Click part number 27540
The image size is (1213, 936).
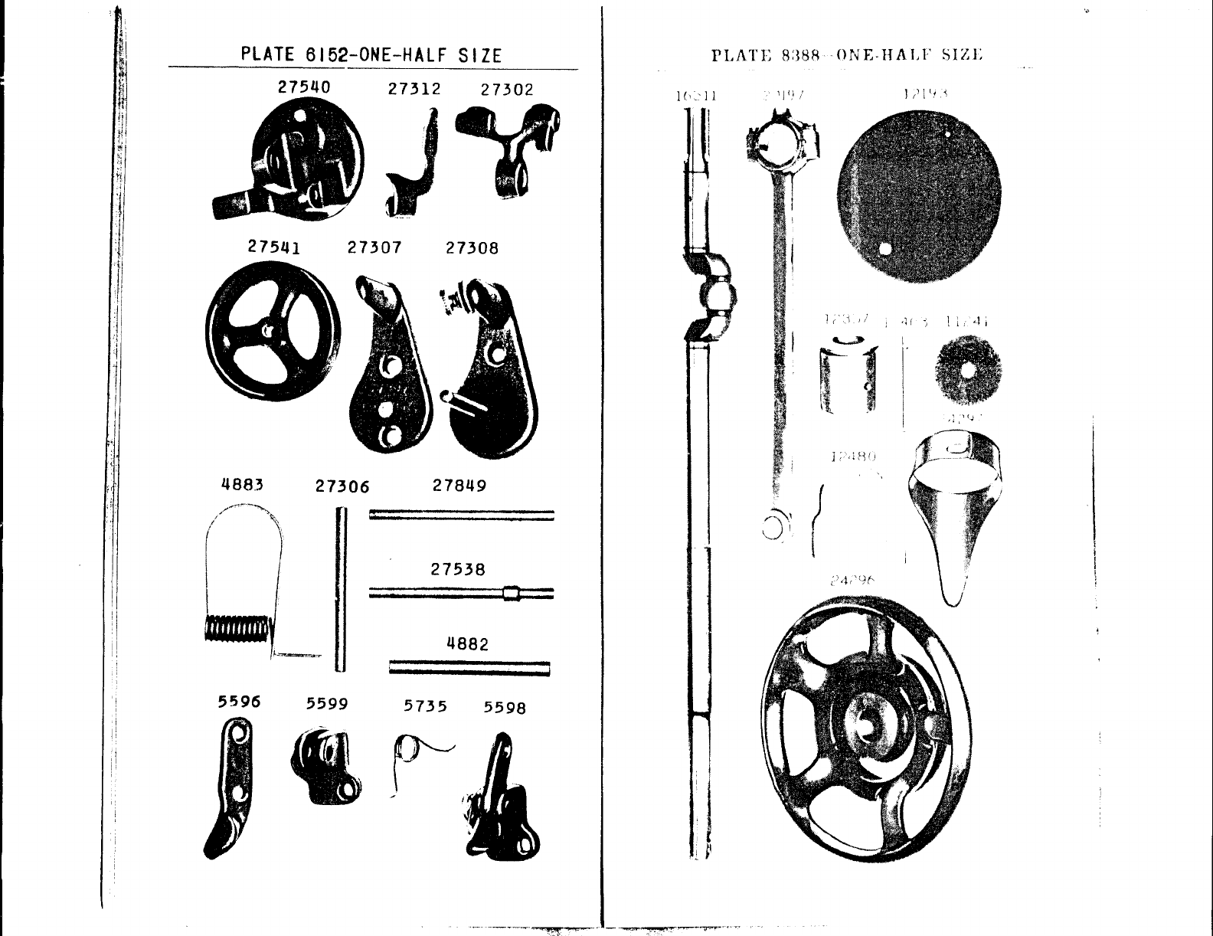tap(304, 87)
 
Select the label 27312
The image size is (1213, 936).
tap(414, 88)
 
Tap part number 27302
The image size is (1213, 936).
tap(506, 89)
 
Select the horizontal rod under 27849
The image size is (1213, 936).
tap(461, 515)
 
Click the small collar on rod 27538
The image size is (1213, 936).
tap(511, 593)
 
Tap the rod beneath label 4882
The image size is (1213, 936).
tap(469, 669)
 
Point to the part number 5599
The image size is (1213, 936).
tap(327, 703)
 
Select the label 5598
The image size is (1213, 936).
tap(505, 707)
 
